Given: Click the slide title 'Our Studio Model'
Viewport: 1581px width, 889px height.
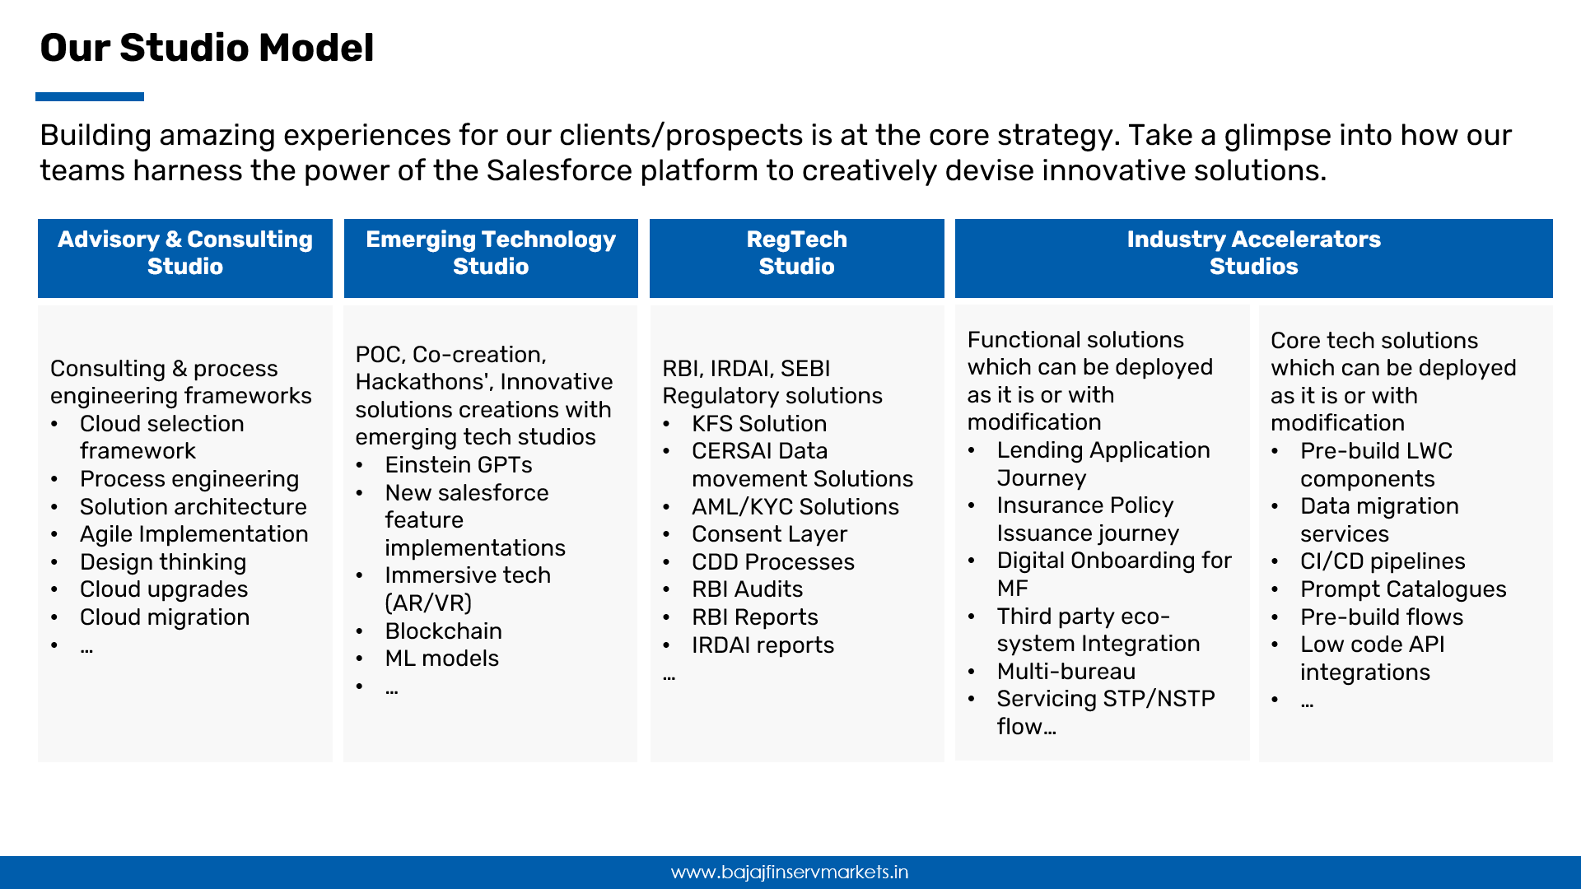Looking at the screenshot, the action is coord(207,48).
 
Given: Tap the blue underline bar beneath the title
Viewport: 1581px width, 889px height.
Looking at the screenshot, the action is coord(90,96).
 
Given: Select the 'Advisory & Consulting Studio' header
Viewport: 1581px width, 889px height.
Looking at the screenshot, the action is coord(185,258).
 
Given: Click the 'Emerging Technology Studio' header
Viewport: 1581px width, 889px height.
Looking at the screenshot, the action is coord(491,258).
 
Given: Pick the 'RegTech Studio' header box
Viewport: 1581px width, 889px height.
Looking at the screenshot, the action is coord(797,258).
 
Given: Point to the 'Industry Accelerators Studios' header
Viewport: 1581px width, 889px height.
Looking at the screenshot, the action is coord(1254,258).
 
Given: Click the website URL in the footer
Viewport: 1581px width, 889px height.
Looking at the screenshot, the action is coord(790,873).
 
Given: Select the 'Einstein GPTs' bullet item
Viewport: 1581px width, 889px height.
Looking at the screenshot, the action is coord(459,465).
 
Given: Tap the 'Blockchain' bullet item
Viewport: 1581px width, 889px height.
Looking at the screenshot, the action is coord(444,631).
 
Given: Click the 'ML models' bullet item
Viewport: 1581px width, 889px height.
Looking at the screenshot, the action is coord(442,659).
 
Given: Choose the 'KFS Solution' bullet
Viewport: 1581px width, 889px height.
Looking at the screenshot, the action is coord(759,424).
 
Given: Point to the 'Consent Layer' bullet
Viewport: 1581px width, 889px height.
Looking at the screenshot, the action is coord(769,534).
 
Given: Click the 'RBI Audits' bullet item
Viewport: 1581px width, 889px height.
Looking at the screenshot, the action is coord(748,589).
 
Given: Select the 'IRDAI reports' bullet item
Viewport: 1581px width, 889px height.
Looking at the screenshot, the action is coord(763,645).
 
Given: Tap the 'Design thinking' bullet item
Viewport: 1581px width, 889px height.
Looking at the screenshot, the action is coord(163,562).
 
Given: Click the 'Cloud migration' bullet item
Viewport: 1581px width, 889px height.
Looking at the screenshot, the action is coord(165,617).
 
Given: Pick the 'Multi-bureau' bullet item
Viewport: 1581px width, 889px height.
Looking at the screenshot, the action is coord(1066,672).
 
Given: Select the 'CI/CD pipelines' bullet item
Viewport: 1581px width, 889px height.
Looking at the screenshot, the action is coord(1383,561).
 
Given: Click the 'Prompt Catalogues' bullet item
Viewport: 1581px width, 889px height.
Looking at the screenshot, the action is coord(1403,589).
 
